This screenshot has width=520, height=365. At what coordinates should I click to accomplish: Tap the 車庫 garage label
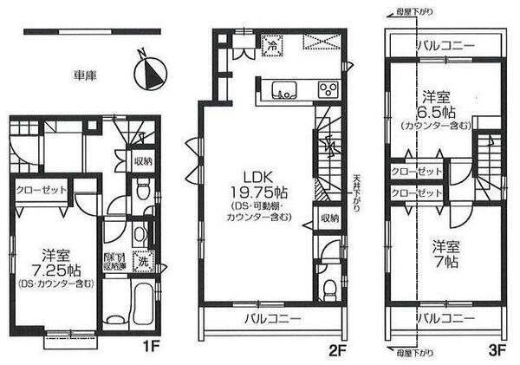(84, 75)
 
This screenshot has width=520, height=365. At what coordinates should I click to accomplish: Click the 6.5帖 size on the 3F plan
(435, 113)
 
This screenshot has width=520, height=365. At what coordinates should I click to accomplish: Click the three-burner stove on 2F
(328, 89)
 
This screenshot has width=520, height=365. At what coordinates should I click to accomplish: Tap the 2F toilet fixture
(326, 290)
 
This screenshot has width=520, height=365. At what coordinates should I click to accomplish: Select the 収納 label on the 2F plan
(327, 218)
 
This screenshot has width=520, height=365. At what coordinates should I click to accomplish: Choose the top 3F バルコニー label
(443, 43)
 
